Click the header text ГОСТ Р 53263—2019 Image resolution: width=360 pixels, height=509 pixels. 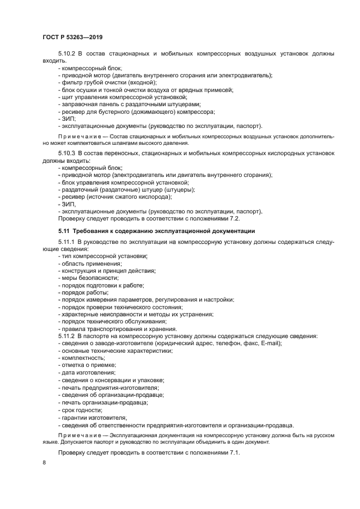coord(72,37)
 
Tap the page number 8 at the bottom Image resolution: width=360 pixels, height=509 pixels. coord(45,463)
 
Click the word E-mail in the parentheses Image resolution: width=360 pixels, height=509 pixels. coord(269,344)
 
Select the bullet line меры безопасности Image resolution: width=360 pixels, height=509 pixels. coord(82,278)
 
